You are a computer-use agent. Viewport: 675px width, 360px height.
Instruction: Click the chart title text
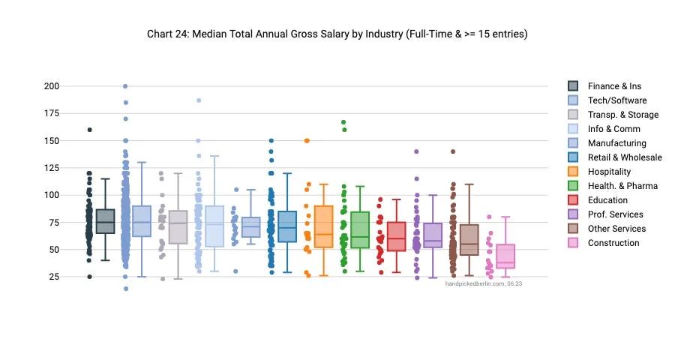[x=337, y=34]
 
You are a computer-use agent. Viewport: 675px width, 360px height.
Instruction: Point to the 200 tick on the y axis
[x=52, y=86]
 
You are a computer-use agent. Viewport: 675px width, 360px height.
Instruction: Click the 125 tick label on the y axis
[x=52, y=168]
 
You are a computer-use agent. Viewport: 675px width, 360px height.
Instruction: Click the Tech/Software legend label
[x=616, y=100]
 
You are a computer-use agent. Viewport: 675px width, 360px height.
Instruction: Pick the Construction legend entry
[x=613, y=243]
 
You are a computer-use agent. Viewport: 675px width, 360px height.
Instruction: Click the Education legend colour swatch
[x=573, y=200]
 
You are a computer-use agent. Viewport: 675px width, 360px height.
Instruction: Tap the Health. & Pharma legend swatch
[x=573, y=186]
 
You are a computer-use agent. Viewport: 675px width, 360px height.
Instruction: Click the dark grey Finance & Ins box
[x=105, y=221]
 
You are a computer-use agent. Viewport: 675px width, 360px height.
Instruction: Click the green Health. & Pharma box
[x=360, y=229]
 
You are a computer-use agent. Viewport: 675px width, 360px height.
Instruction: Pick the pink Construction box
[x=505, y=256]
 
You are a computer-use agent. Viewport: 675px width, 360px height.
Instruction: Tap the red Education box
[x=396, y=236]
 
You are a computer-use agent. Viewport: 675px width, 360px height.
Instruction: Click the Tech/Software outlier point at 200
[x=125, y=86]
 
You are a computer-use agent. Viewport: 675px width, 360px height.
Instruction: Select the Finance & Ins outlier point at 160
[x=89, y=130]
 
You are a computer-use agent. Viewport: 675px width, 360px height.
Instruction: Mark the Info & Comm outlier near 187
[x=199, y=100]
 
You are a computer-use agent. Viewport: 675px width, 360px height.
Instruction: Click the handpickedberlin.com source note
[x=483, y=283]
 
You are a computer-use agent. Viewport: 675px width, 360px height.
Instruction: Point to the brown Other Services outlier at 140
[x=453, y=151]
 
